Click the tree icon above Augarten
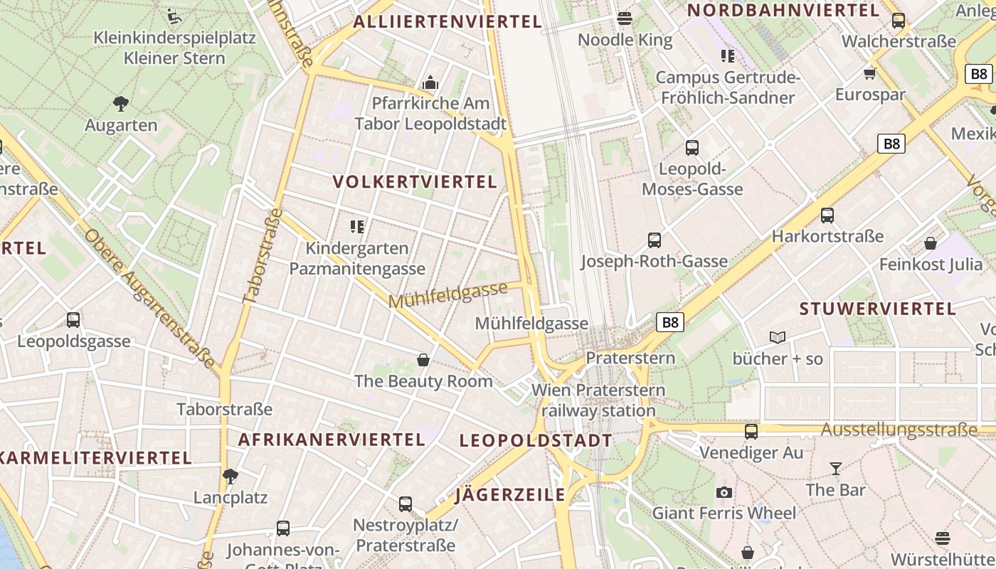[x=121, y=104]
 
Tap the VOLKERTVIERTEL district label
[x=415, y=182]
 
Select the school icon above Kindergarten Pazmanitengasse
[x=357, y=227]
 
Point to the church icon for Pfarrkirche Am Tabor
[x=430, y=83]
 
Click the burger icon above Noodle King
[x=625, y=18]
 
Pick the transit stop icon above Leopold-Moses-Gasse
[x=692, y=148]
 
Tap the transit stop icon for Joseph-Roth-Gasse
[x=654, y=240]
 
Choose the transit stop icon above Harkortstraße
[x=827, y=215]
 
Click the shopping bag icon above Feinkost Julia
[x=930, y=243]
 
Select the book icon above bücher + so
[x=778, y=337]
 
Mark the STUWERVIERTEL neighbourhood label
[x=877, y=309]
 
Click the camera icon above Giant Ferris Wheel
[x=724, y=492]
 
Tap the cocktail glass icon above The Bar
[x=835, y=469]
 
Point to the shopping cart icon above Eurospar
[x=869, y=73]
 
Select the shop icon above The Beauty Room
[x=423, y=360]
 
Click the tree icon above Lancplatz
[x=230, y=476]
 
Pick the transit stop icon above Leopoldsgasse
[x=73, y=320]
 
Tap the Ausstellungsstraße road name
[x=899, y=430]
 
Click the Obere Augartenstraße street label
[x=149, y=299]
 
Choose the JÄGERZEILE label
[x=510, y=495]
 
